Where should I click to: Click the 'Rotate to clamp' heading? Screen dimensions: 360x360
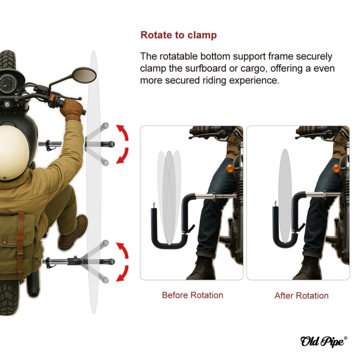point(178,35)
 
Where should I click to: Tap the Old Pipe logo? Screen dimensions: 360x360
point(324,341)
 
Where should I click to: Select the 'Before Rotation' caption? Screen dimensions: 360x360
point(192,295)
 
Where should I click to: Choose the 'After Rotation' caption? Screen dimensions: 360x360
point(301,295)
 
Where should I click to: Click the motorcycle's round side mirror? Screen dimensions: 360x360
point(84,75)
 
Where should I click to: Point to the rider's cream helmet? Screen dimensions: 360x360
point(14,153)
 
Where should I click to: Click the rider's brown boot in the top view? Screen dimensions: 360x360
point(73,232)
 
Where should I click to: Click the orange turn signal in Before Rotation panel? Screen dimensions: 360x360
point(230,168)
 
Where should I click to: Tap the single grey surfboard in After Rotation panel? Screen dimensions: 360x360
point(285,196)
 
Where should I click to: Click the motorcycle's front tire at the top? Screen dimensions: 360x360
point(7,60)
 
